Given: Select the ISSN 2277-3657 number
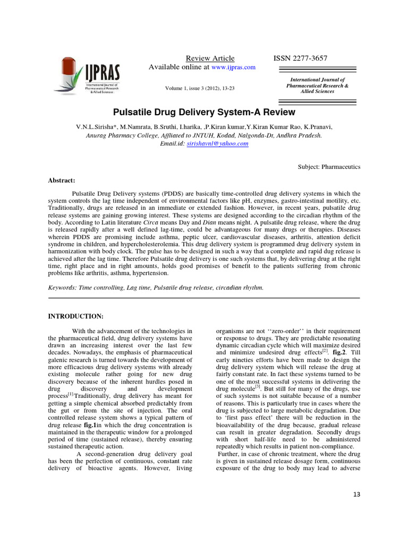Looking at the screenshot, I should [300, 58].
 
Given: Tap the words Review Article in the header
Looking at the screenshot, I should [210, 58].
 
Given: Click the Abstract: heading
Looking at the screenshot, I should [63, 180].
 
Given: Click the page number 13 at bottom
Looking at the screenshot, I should [356, 495].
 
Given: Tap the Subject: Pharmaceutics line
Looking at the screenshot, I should [329, 167].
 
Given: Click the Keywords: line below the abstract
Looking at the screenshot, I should [156, 287].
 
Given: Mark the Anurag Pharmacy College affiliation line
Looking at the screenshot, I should [203, 135].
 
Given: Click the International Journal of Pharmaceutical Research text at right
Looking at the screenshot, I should [317, 85].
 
